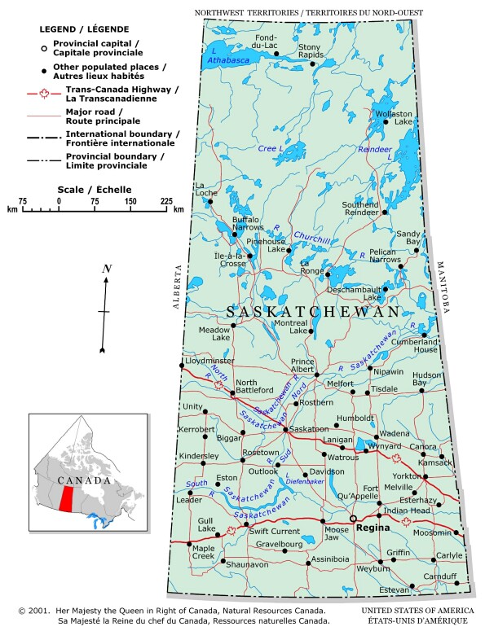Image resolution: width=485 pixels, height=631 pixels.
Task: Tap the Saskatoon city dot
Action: [285, 428]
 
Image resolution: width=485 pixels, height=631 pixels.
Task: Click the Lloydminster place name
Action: [209, 361]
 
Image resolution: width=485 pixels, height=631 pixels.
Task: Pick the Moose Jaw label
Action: [337, 534]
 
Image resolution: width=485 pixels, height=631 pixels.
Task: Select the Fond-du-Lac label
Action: [266, 42]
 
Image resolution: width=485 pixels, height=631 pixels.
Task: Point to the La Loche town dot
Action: [210, 201]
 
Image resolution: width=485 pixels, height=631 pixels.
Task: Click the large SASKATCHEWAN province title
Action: [313, 313]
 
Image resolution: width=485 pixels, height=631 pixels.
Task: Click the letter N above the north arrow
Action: [107, 269]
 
